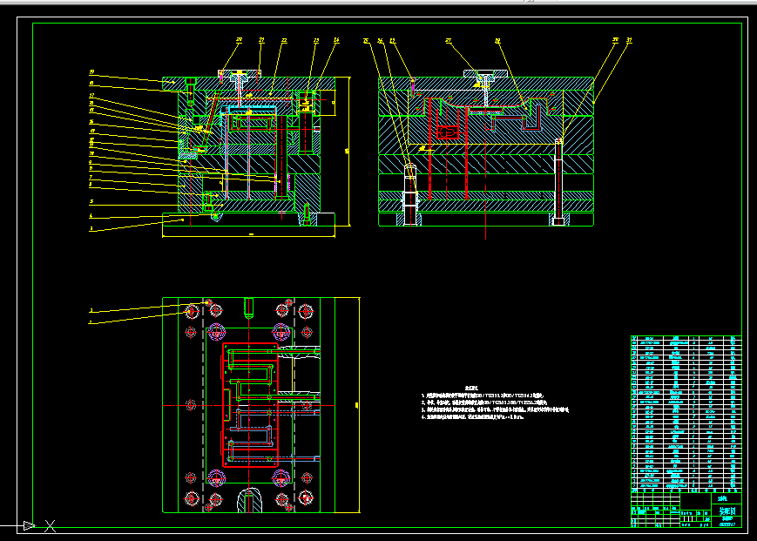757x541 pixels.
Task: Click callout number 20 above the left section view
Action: [239, 39]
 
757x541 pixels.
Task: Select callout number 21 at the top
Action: [261, 39]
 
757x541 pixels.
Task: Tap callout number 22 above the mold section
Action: [284, 40]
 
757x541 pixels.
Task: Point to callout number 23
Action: [315, 40]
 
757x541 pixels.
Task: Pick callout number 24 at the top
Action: [336, 40]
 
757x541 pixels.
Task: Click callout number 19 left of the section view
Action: [91, 72]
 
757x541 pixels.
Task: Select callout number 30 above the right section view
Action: [615, 39]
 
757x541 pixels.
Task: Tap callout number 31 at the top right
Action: [629, 39]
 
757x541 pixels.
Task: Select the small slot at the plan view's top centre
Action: [248, 307]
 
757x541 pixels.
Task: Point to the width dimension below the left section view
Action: [251, 234]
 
